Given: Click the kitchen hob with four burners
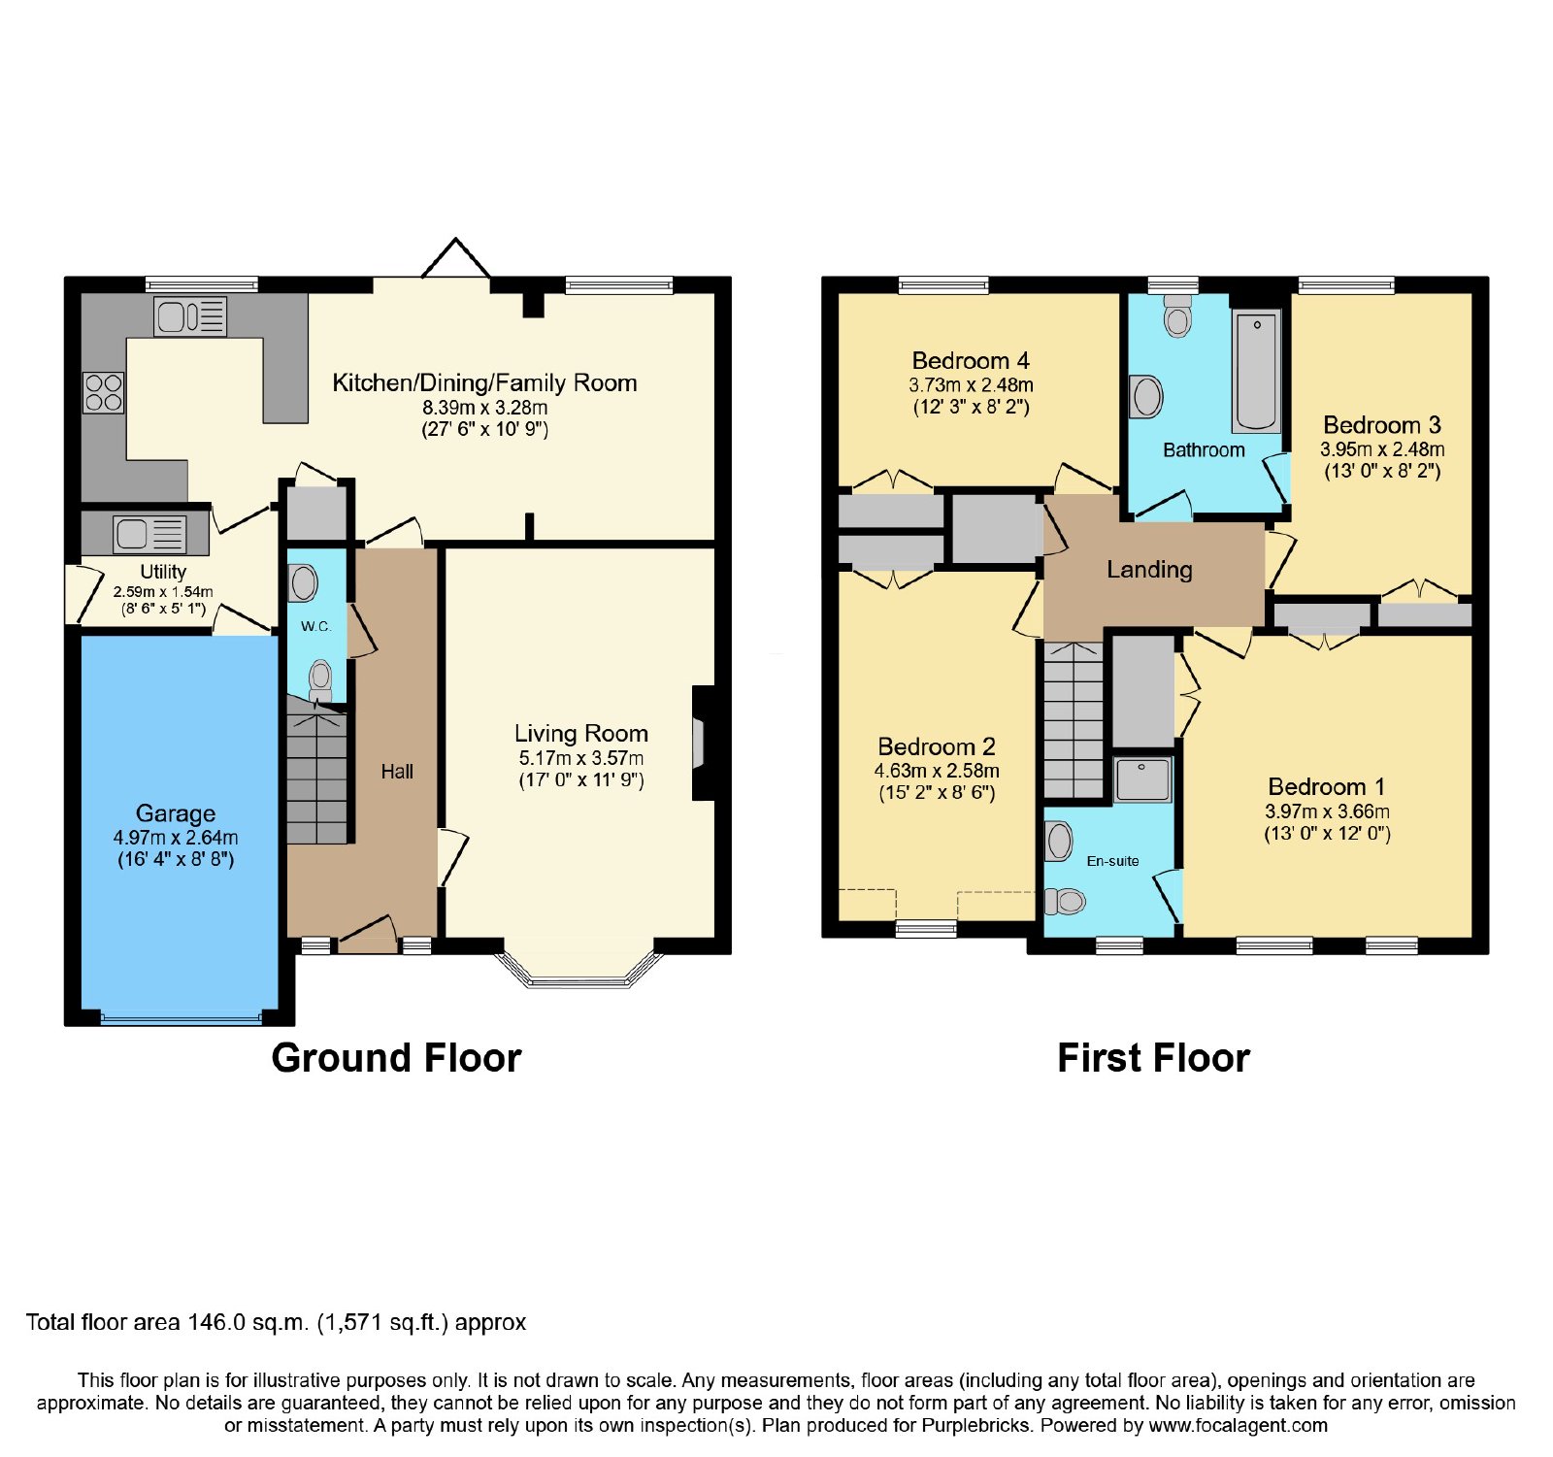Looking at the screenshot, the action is [x=104, y=393].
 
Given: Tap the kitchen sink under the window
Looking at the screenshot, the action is [x=190, y=316].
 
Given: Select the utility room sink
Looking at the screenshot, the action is [x=150, y=534].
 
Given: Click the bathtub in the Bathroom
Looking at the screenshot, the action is [x=1257, y=370].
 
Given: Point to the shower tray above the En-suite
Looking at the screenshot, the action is [x=1142, y=779].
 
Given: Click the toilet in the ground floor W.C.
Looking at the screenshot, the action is [x=320, y=679].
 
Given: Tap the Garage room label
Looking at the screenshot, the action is [x=176, y=813].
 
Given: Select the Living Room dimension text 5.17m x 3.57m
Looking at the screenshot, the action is [x=581, y=758].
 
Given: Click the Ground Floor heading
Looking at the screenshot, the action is [x=396, y=1058].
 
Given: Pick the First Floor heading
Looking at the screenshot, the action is [x=1153, y=1058].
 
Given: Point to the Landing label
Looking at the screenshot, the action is [x=1149, y=570].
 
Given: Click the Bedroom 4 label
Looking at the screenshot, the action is [x=971, y=361].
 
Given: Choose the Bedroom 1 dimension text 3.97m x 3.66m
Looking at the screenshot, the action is [x=1327, y=811].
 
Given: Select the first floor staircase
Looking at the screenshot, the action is [x=1074, y=719].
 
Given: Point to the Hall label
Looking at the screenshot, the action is [x=397, y=772].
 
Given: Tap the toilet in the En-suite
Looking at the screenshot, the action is [x=1065, y=902].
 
